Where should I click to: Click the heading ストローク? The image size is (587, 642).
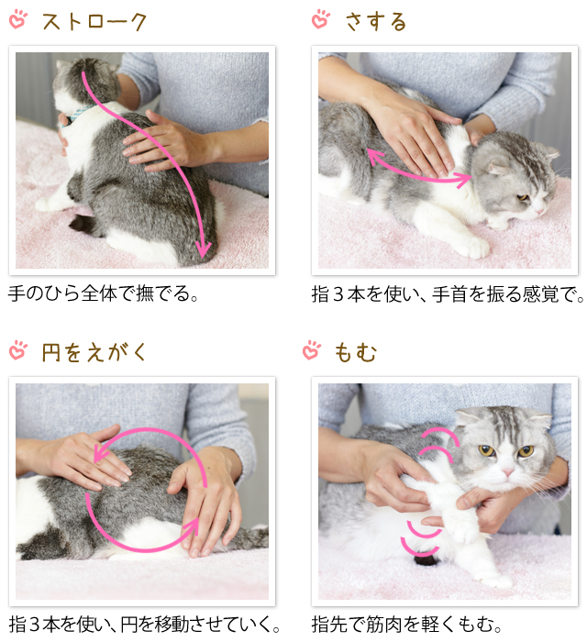point(94,22)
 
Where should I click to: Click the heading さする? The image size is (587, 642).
point(376,22)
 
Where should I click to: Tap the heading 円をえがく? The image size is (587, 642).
point(94,352)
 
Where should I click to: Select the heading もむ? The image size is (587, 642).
point(355,352)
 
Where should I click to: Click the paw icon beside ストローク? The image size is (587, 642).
point(18,19)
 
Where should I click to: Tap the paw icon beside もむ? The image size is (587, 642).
point(312,350)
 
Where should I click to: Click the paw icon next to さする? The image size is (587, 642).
point(321,19)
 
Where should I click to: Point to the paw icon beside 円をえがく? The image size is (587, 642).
point(18,350)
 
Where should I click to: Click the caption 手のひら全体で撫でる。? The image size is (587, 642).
point(103,293)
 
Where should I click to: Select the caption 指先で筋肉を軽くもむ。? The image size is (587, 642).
point(407,625)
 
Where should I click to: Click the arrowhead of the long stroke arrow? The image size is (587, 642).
point(203,249)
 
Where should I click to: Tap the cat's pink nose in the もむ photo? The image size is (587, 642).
point(507,471)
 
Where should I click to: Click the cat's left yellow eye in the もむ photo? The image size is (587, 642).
point(487,451)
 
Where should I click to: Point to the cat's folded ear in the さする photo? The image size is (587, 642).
point(498,167)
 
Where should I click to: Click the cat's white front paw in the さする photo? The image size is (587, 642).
point(474,247)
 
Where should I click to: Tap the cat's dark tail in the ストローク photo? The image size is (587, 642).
point(84,224)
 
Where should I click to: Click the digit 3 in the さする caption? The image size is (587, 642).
point(338,294)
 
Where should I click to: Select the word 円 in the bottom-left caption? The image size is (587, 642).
point(128,625)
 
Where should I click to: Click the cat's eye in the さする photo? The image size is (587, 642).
point(523,198)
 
